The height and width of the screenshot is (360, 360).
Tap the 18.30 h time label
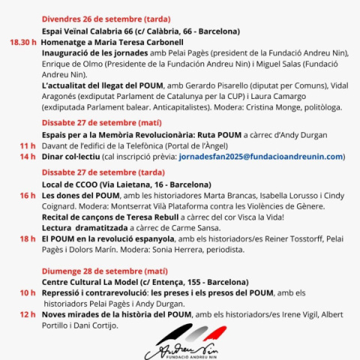tap(22, 43)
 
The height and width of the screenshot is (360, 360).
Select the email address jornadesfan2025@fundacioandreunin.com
tap(261, 157)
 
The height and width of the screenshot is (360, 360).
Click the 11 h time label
tap(28, 145)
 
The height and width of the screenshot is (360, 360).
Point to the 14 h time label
tap(28, 157)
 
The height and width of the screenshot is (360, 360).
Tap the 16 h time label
tap(28, 195)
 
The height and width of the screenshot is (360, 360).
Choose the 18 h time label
tap(28, 238)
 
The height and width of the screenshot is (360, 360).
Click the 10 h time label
tap(28, 292)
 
